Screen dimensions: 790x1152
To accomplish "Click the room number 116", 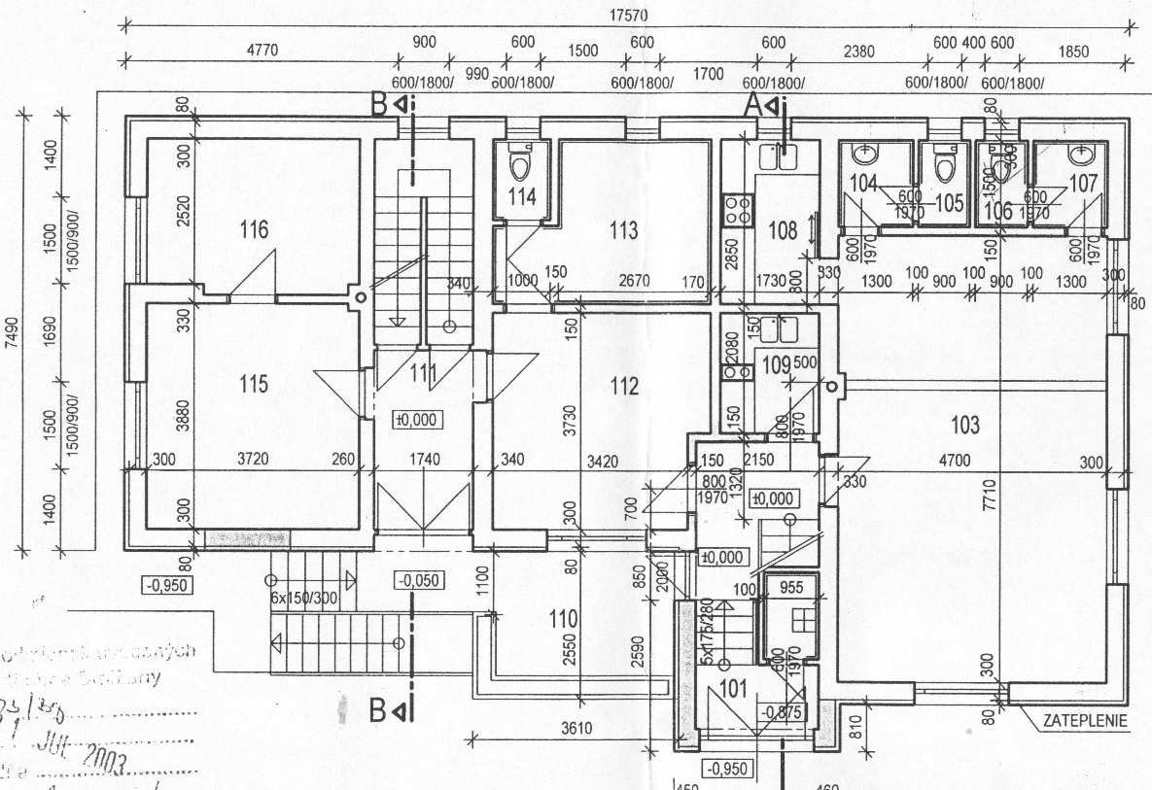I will point(255,230).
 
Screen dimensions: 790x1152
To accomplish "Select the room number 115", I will point(253,384).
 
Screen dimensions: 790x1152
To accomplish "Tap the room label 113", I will point(623,230).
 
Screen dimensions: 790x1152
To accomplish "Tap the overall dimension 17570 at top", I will point(628,15).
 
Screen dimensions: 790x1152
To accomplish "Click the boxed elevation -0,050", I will point(419,581).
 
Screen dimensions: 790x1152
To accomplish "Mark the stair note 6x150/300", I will point(303,598).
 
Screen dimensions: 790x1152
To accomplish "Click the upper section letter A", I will point(751,105).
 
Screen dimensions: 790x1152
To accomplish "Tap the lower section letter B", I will point(379,710).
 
